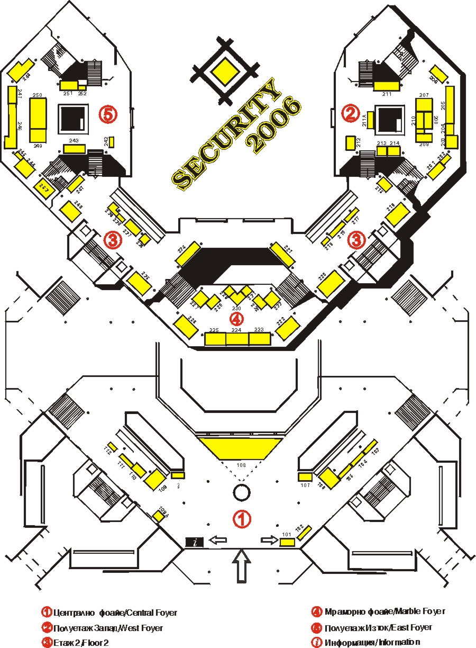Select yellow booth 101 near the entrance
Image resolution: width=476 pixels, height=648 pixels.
click(287, 542)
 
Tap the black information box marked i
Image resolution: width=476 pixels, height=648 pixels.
click(195, 542)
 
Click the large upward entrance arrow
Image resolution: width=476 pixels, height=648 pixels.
click(241, 565)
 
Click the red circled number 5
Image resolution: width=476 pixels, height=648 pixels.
click(108, 113)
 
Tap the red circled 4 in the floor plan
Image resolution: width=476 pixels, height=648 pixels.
click(236, 319)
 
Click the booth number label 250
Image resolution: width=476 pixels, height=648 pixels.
click(37, 95)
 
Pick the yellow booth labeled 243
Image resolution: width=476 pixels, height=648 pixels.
click(74, 149)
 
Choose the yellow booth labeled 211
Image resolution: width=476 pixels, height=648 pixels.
click(386, 86)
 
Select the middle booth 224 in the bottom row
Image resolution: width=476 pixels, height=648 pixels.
click(237, 338)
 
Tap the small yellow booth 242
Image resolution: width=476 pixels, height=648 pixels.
click(111, 142)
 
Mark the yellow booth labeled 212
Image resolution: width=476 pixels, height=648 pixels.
click(350, 143)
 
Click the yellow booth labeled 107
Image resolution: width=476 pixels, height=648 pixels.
click(305, 477)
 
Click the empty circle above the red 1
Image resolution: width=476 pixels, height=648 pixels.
click(241, 491)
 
